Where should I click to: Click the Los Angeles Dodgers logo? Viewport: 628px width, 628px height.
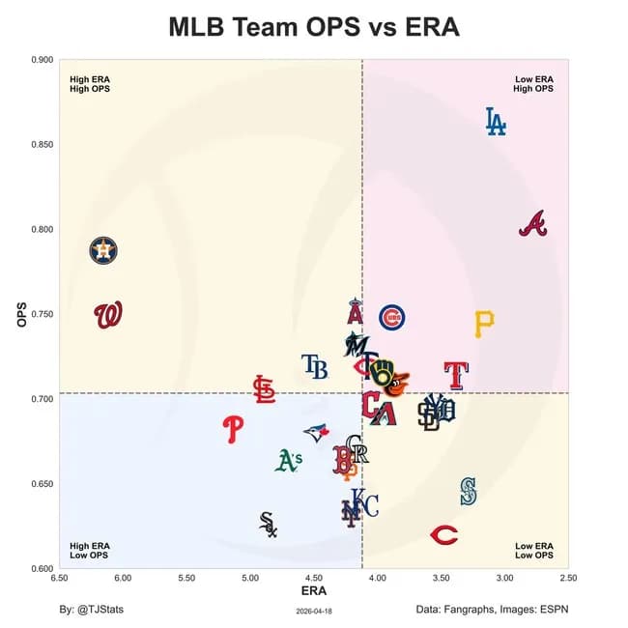[x=495, y=121]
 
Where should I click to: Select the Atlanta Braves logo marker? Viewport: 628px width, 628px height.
[x=532, y=224]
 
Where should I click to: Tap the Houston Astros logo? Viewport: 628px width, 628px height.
[x=103, y=251]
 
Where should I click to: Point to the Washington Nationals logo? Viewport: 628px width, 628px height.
[x=108, y=315]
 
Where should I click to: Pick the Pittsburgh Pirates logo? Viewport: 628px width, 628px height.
[x=484, y=324]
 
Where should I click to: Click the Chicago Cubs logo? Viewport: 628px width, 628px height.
[x=391, y=318]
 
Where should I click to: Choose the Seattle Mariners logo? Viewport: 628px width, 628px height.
[x=469, y=491]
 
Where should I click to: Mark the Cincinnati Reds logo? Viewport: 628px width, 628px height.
[x=443, y=534]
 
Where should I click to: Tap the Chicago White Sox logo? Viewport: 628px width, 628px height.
[x=269, y=525]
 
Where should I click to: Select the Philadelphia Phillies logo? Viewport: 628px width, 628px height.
[x=233, y=428]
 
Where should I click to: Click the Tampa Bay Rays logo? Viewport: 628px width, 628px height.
[x=314, y=366]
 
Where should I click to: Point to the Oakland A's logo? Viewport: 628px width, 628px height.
[x=288, y=461]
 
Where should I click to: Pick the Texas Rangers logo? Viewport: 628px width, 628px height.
[x=455, y=374]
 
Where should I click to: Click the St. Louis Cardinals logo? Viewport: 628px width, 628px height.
[x=263, y=388]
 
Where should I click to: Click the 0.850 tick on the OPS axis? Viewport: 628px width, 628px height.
[x=42, y=145]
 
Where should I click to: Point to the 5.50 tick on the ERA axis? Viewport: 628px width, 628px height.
[x=186, y=578]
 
